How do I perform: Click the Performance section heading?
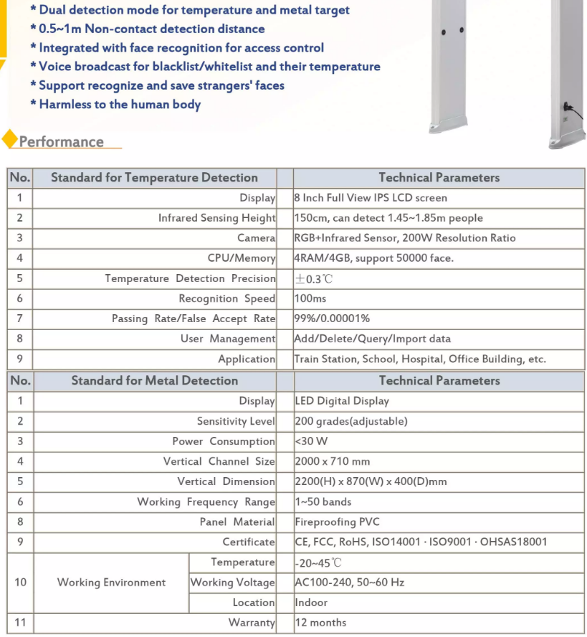click(x=62, y=142)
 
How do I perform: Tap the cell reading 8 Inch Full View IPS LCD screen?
click(x=371, y=198)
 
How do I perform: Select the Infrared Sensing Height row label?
click(x=216, y=218)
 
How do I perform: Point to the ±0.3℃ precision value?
click(x=314, y=279)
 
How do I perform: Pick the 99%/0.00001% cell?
click(x=332, y=318)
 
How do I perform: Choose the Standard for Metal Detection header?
click(x=154, y=381)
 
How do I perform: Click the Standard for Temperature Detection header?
click(x=154, y=178)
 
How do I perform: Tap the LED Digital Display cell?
click(x=342, y=401)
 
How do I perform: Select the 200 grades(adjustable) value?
click(x=351, y=421)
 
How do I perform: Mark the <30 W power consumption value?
click(x=312, y=441)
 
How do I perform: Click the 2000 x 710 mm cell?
click(x=333, y=461)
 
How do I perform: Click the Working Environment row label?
click(x=111, y=582)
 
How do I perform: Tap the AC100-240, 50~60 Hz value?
click(x=350, y=582)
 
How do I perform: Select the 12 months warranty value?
click(x=320, y=623)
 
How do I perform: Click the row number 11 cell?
click(x=20, y=623)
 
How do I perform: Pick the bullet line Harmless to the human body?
click(x=120, y=105)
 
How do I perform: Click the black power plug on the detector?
click(x=568, y=108)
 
